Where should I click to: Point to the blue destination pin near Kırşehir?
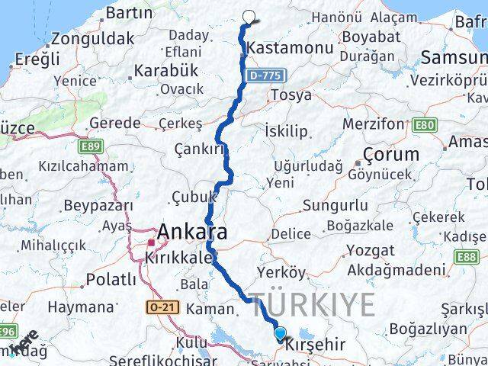tap(280, 333)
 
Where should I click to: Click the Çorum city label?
tap(391, 154)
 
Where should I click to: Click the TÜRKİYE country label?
tap(313, 304)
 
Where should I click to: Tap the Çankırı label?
tap(198, 149)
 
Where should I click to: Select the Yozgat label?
tap(371, 250)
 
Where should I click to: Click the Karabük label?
tap(165, 70)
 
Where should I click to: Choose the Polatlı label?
tap(111, 279)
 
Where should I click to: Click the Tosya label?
tap(291, 95)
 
